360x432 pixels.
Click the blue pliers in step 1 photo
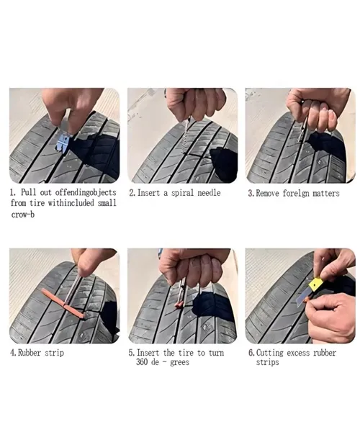pos(65,140)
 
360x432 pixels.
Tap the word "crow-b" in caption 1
pos(23,215)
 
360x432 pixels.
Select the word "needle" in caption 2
pos(209,192)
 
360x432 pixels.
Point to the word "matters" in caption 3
pos(326,194)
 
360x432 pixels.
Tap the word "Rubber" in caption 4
pos(30,353)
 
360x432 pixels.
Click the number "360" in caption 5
pos(142,361)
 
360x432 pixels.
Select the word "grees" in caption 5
pos(179,362)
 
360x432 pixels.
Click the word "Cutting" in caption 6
pos(270,353)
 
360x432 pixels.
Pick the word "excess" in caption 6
pos(298,353)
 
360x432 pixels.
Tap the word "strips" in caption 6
pos(267,362)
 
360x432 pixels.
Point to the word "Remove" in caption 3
pos(267,194)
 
